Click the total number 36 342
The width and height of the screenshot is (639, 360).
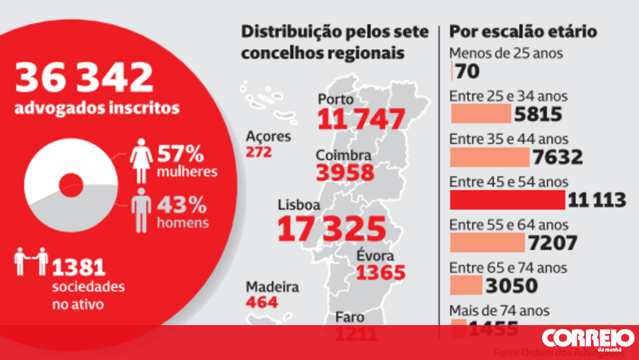click(84, 78)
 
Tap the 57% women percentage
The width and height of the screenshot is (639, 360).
click(181, 154)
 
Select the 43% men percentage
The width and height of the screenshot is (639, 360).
click(182, 205)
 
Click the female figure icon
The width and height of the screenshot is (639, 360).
click(142, 161)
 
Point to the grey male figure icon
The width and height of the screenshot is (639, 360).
click(142, 210)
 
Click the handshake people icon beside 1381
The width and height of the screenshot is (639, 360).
click(31, 261)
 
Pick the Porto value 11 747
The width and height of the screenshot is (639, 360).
click(361, 119)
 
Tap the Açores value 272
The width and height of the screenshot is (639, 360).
click(259, 152)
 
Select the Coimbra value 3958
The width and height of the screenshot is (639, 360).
click(345, 172)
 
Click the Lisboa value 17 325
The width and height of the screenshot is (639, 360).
click(331, 229)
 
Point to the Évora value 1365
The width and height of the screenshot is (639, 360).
click(380, 273)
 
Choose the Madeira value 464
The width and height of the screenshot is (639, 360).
click(262, 302)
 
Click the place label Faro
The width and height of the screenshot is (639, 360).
click(349, 317)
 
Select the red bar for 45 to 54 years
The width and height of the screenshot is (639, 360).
click(507, 200)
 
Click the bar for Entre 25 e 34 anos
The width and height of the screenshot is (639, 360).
click(480, 113)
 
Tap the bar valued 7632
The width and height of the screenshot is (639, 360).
click(489, 157)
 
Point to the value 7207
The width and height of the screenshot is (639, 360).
click(552, 243)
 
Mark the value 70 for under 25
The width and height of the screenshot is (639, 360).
click(467, 71)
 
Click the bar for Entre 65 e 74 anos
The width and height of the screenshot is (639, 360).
click(466, 286)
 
